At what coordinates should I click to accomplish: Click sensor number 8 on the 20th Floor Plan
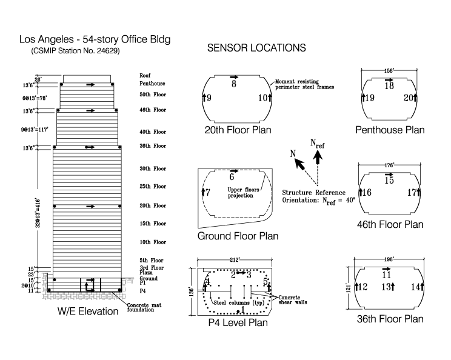[x=233, y=84]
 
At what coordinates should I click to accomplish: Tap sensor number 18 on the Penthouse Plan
[x=389, y=87]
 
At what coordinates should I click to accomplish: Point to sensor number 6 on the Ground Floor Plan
[x=232, y=178]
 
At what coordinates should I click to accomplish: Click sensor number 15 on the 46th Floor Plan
[x=389, y=181]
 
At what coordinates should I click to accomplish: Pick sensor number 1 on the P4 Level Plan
[x=244, y=310]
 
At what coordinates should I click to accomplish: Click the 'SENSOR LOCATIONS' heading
[x=256, y=47]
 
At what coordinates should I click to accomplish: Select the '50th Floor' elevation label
[x=153, y=95]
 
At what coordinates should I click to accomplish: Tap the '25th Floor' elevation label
[x=152, y=186]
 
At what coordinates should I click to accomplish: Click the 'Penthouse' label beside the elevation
[x=152, y=84]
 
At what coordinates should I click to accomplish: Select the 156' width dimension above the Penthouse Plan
[x=390, y=69]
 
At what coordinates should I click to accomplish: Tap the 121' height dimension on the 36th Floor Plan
[x=349, y=285]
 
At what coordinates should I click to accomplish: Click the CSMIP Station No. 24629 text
[x=75, y=52]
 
